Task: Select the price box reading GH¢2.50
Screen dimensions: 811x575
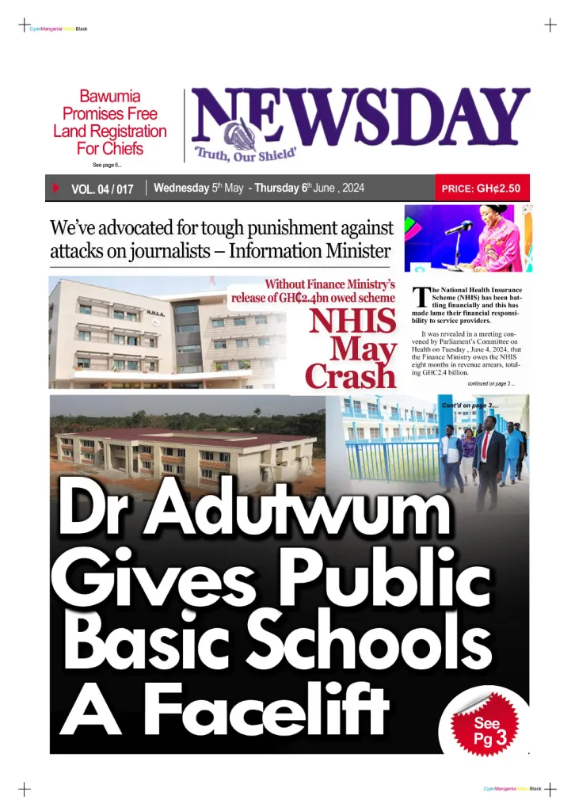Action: (x=481, y=189)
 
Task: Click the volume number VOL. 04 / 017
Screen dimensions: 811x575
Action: (x=102, y=189)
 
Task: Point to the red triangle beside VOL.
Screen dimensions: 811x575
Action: (x=55, y=188)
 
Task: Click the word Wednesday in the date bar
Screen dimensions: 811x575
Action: (x=181, y=188)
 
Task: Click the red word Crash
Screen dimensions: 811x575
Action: (x=350, y=375)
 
